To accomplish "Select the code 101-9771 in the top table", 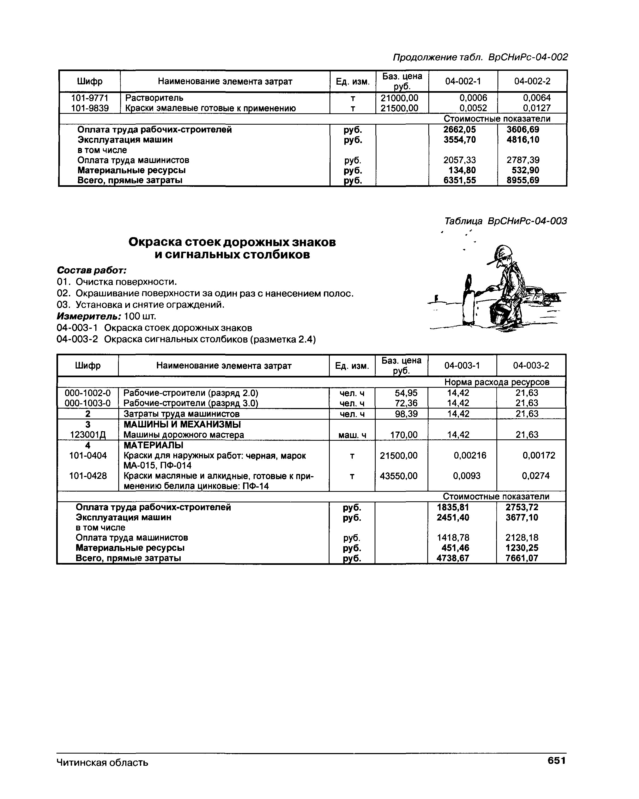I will pos(90,98).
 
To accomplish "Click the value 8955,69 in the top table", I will pos(523,180).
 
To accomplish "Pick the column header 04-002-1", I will pos(462,81).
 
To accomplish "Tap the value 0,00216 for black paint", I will pos(470,455).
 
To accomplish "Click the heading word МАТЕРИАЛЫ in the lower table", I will pos(153,445).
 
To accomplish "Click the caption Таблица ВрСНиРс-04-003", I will pos(505,221).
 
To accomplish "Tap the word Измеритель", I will pos(89,316).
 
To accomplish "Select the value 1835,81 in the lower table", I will pos(453,507).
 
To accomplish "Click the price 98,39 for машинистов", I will pos(406,414).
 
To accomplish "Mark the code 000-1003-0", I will pos(88,403).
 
